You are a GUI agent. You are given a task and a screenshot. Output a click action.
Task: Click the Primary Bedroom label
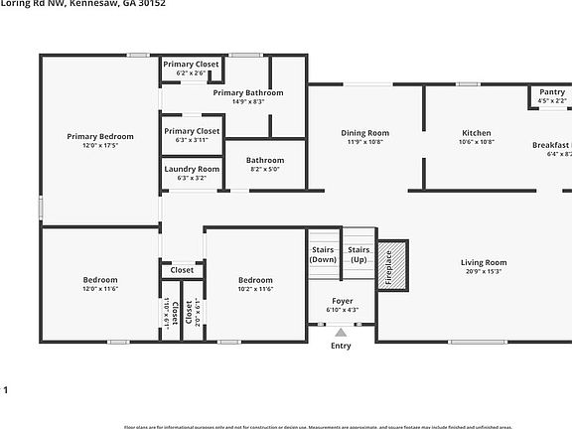point(99,136)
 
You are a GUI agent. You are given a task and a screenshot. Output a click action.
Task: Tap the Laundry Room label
point(192,170)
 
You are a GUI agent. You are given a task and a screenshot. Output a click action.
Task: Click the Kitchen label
point(477,133)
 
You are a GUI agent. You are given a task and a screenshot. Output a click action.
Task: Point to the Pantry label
point(551,91)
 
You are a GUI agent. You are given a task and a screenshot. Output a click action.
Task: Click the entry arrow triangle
point(342,334)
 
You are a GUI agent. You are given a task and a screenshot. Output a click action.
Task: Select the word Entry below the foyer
point(341,347)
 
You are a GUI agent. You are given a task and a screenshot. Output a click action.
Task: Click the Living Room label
point(484,263)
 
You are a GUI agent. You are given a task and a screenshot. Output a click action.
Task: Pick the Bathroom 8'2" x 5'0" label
point(265,160)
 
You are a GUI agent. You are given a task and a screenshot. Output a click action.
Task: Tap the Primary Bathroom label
point(248,92)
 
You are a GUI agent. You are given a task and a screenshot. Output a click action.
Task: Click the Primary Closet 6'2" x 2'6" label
point(192,65)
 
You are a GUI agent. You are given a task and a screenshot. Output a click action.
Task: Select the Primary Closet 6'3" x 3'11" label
point(192,131)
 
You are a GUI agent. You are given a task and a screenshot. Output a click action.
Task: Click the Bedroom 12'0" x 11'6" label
point(99,280)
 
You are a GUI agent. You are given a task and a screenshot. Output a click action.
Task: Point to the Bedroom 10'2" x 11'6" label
point(255,280)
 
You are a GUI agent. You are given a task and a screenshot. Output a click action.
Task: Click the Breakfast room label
point(551,145)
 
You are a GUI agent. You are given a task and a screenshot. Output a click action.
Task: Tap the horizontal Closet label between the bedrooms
point(182,270)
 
